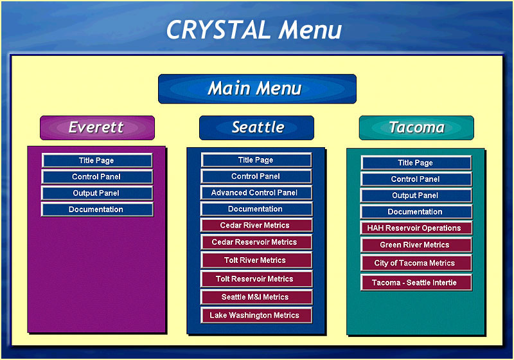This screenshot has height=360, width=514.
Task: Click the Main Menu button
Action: click(x=257, y=89)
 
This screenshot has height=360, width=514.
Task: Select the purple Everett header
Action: click(x=97, y=127)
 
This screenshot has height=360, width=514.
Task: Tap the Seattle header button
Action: click(x=256, y=127)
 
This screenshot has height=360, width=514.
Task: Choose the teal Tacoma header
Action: click(x=416, y=127)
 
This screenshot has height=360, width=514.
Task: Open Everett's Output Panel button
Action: click(x=97, y=193)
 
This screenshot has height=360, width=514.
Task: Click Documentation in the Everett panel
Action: click(x=97, y=210)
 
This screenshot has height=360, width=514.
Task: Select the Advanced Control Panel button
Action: click(x=256, y=192)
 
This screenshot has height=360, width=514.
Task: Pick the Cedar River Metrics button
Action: click(x=256, y=225)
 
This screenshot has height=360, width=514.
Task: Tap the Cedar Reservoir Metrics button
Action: click(x=256, y=242)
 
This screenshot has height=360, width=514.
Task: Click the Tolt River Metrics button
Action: click(x=256, y=260)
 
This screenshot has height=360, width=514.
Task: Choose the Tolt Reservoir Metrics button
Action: click(x=256, y=279)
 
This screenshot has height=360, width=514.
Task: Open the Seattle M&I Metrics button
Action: click(x=256, y=297)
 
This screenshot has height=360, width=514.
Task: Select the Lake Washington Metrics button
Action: click(x=256, y=316)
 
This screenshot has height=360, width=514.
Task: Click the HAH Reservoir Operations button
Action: click(x=416, y=228)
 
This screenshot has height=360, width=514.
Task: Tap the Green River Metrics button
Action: click(x=416, y=245)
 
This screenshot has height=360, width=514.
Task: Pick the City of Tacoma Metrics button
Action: click(x=416, y=263)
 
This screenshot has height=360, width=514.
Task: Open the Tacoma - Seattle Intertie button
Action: click(x=416, y=283)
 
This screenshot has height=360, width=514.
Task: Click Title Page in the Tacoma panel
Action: click(x=416, y=163)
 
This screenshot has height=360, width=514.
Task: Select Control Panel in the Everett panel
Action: click(x=97, y=177)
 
